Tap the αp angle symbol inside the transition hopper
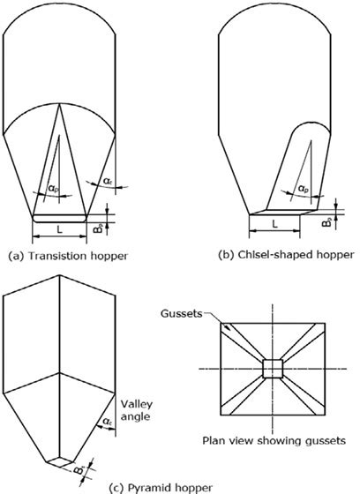[55, 189]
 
